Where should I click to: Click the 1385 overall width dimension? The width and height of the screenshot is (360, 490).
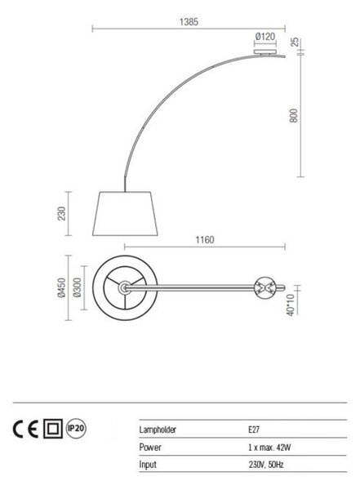(x=189, y=22)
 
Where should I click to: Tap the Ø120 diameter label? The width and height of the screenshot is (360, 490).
(x=265, y=37)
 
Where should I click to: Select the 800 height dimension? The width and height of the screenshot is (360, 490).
(x=294, y=115)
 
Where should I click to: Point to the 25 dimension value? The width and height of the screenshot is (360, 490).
(x=295, y=42)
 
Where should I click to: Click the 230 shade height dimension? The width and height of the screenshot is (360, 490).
(x=62, y=213)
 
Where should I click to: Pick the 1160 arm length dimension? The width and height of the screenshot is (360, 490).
(x=205, y=239)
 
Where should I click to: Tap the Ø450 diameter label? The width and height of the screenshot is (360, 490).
(x=62, y=287)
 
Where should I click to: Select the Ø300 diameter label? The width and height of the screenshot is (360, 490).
(x=78, y=287)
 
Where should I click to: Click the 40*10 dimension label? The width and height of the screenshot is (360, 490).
(x=291, y=305)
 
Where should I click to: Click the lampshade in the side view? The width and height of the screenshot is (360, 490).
(x=125, y=213)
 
